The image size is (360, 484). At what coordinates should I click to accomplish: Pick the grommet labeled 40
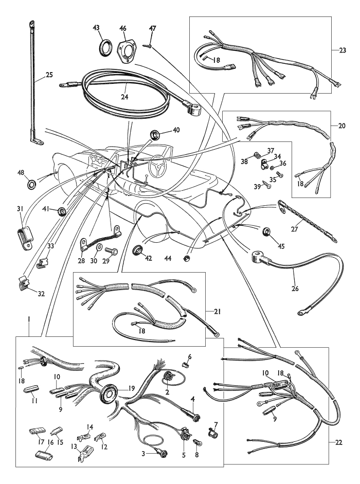tap(154, 137)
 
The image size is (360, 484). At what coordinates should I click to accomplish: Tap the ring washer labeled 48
tap(32, 183)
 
